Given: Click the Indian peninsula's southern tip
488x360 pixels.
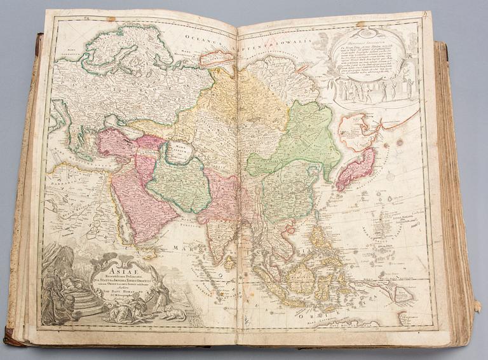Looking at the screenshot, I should [x=220, y=254].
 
